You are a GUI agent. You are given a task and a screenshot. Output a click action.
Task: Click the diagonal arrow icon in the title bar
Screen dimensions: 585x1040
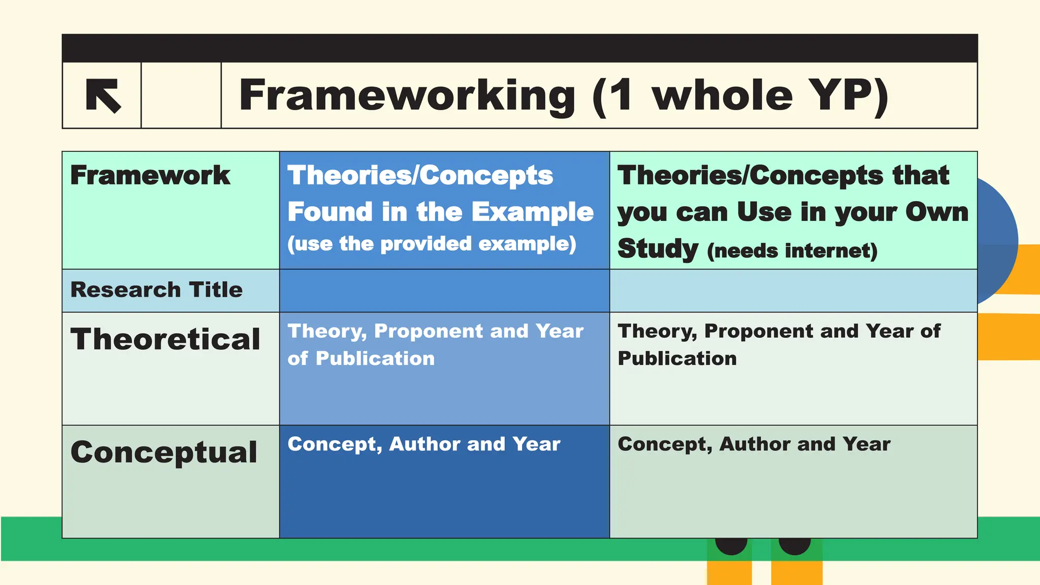click(103, 95)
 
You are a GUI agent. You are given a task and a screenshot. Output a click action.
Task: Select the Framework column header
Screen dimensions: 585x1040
click(150, 175)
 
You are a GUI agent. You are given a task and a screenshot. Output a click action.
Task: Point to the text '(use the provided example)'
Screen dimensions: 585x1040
click(432, 244)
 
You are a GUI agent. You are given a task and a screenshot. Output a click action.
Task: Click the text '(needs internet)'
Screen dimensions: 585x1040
click(792, 251)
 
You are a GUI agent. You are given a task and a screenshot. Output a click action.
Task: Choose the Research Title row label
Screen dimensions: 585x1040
click(156, 290)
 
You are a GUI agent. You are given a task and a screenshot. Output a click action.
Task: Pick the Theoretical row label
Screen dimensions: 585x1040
click(166, 339)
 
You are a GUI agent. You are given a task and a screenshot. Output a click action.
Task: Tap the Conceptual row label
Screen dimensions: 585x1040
click(164, 452)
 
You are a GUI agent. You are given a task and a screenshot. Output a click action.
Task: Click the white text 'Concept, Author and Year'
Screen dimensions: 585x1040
click(424, 444)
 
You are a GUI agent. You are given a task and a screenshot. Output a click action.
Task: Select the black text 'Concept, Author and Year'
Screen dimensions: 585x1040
click(754, 444)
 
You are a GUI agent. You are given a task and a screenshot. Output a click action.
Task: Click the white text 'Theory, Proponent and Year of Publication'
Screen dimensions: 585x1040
click(435, 345)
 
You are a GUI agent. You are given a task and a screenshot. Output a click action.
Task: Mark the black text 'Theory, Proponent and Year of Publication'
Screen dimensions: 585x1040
click(779, 345)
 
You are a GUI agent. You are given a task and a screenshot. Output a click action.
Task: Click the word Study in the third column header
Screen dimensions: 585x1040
click(658, 249)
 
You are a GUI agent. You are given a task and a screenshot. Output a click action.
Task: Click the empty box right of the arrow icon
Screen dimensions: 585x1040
click(181, 95)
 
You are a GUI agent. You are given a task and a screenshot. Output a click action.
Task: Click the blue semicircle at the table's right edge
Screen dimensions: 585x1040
click(997, 239)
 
